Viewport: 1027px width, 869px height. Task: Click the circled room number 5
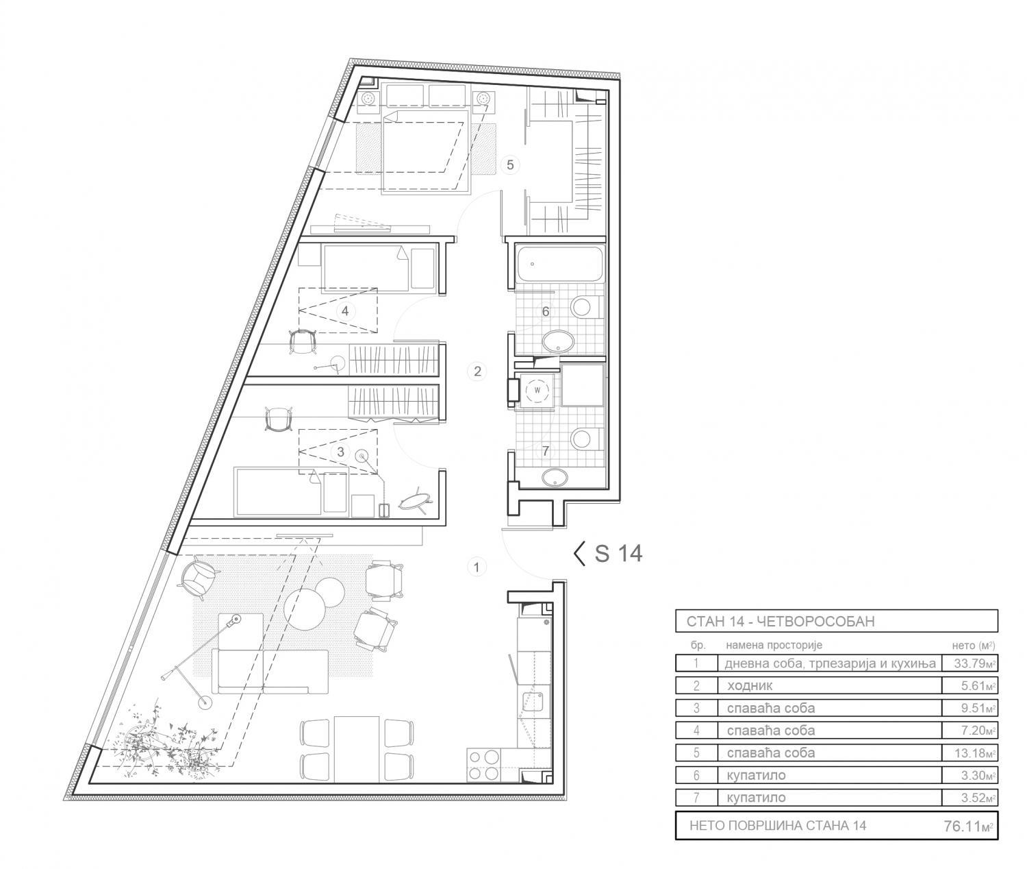pyautogui.click(x=510, y=164)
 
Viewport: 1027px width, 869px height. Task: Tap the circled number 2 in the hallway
pyautogui.click(x=477, y=371)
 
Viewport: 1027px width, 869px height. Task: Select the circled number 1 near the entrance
pyautogui.click(x=477, y=567)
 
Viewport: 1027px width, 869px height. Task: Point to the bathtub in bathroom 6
pyautogui.click(x=560, y=265)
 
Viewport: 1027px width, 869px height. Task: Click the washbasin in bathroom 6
pyautogui.click(x=558, y=342)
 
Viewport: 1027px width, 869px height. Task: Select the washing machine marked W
pyautogui.click(x=537, y=389)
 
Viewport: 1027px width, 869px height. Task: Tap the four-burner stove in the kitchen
pyautogui.click(x=483, y=766)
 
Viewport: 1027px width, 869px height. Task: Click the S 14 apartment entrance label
pyautogui.click(x=608, y=554)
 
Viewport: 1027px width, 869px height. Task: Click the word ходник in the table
pyautogui.click(x=750, y=686)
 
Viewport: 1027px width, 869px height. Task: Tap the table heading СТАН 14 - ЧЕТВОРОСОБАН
pyautogui.click(x=781, y=622)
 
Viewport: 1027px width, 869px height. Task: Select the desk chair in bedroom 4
pyautogui.click(x=302, y=341)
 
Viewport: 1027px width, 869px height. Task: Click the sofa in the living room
pyautogui.click(x=270, y=671)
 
